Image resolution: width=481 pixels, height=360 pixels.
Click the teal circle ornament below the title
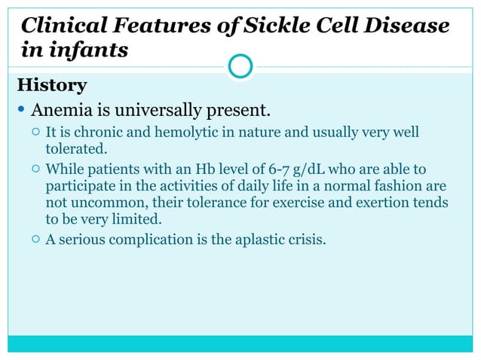coord(240,66)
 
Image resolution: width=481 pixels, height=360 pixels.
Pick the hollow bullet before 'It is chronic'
coord(35,134)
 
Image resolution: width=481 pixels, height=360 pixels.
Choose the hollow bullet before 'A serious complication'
coord(35,242)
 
